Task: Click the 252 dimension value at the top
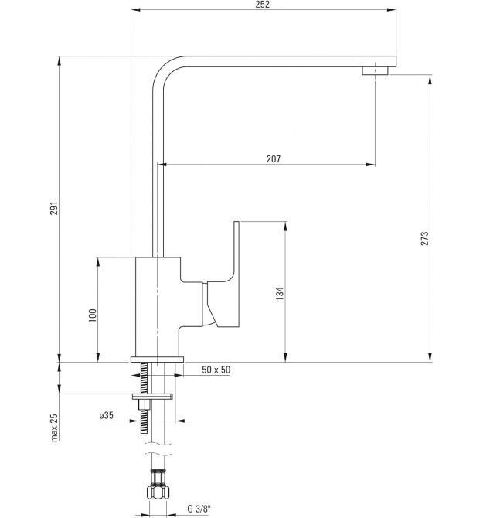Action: coord(263,5)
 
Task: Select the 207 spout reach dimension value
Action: coord(274,159)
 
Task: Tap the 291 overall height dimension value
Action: coord(54,208)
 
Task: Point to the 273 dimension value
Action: coord(424,238)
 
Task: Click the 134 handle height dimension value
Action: coord(280,293)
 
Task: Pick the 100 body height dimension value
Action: coord(93,315)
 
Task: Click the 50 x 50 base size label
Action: coord(216,370)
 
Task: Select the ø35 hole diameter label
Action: coord(107,415)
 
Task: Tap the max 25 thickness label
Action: coord(54,428)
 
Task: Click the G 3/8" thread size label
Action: coord(199,509)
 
